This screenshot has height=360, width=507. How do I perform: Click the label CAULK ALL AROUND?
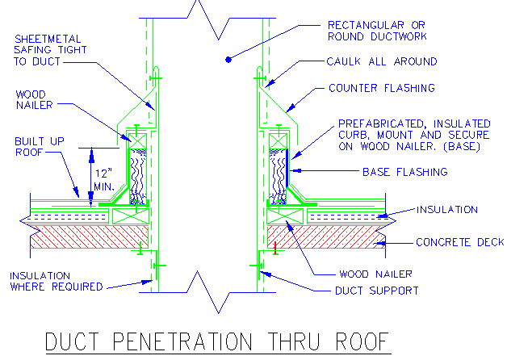pyautogui.click(x=383, y=61)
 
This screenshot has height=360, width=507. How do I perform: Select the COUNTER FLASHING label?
pyautogui.click(x=382, y=88)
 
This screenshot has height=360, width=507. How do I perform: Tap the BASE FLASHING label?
pyautogui.click(x=404, y=172)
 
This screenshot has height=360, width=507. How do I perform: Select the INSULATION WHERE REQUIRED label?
pyautogui.click(x=57, y=281)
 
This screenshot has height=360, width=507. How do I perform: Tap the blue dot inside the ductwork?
pyautogui.click(x=228, y=58)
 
